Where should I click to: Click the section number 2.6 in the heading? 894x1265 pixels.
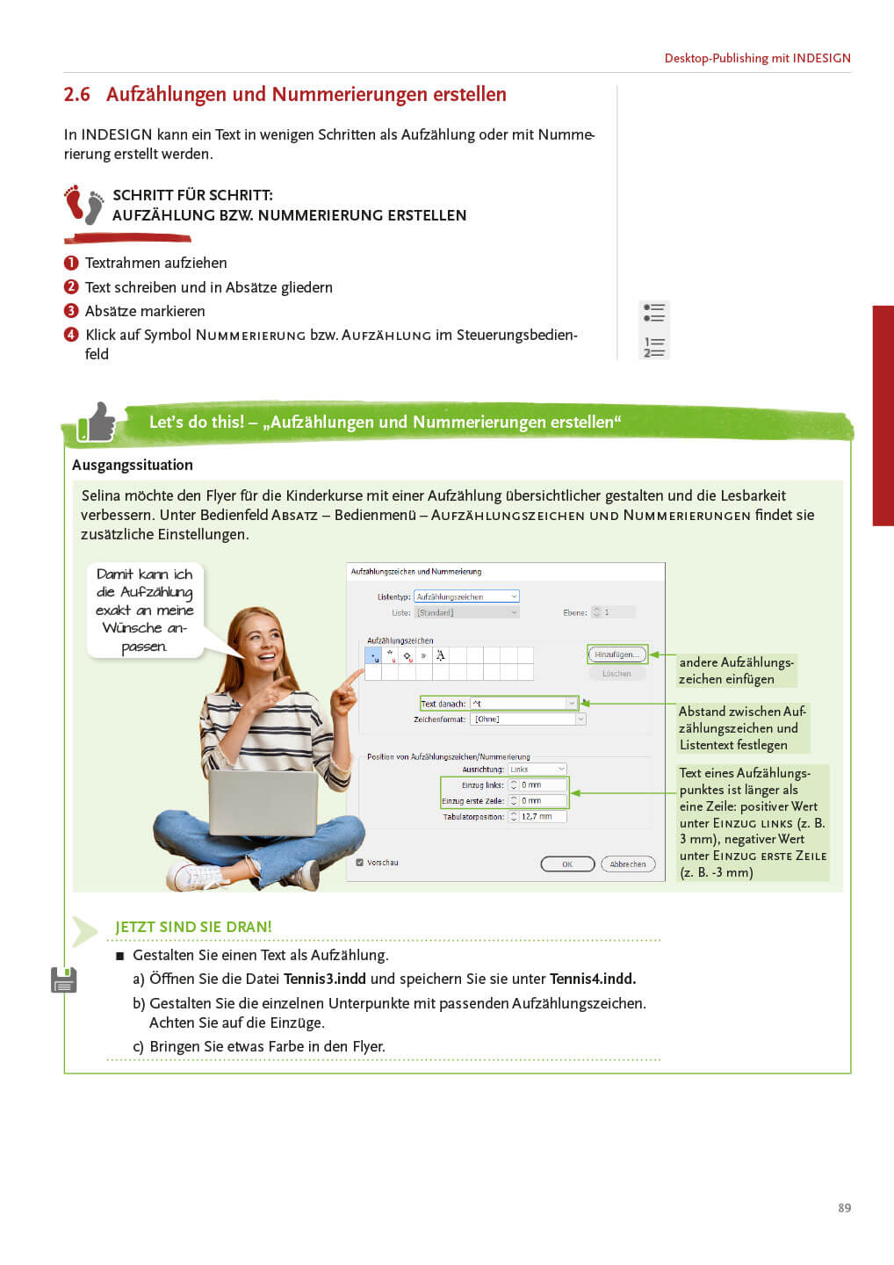(76, 95)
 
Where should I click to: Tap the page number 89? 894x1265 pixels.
(844, 1208)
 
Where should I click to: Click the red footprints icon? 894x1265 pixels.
(84, 205)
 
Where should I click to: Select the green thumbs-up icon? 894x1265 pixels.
(97, 423)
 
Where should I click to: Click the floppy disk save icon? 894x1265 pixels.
(64, 979)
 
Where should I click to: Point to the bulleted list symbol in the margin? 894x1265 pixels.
(654, 313)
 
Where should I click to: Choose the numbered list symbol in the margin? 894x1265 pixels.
(654, 347)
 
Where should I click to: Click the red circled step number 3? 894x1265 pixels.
(71, 311)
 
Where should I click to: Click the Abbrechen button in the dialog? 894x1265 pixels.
(628, 864)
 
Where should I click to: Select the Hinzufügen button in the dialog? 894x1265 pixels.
(616, 654)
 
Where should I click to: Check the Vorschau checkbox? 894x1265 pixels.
(360, 863)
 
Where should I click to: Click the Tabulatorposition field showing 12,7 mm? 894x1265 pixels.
(542, 817)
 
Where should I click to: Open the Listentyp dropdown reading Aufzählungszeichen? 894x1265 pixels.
(466, 596)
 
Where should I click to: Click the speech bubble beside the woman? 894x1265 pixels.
(145, 610)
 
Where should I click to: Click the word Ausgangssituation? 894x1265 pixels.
(133, 466)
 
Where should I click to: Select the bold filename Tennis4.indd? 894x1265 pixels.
(593, 979)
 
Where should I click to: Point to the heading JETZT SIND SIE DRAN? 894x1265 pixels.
(193, 927)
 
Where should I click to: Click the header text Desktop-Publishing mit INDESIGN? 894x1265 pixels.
(757, 58)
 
